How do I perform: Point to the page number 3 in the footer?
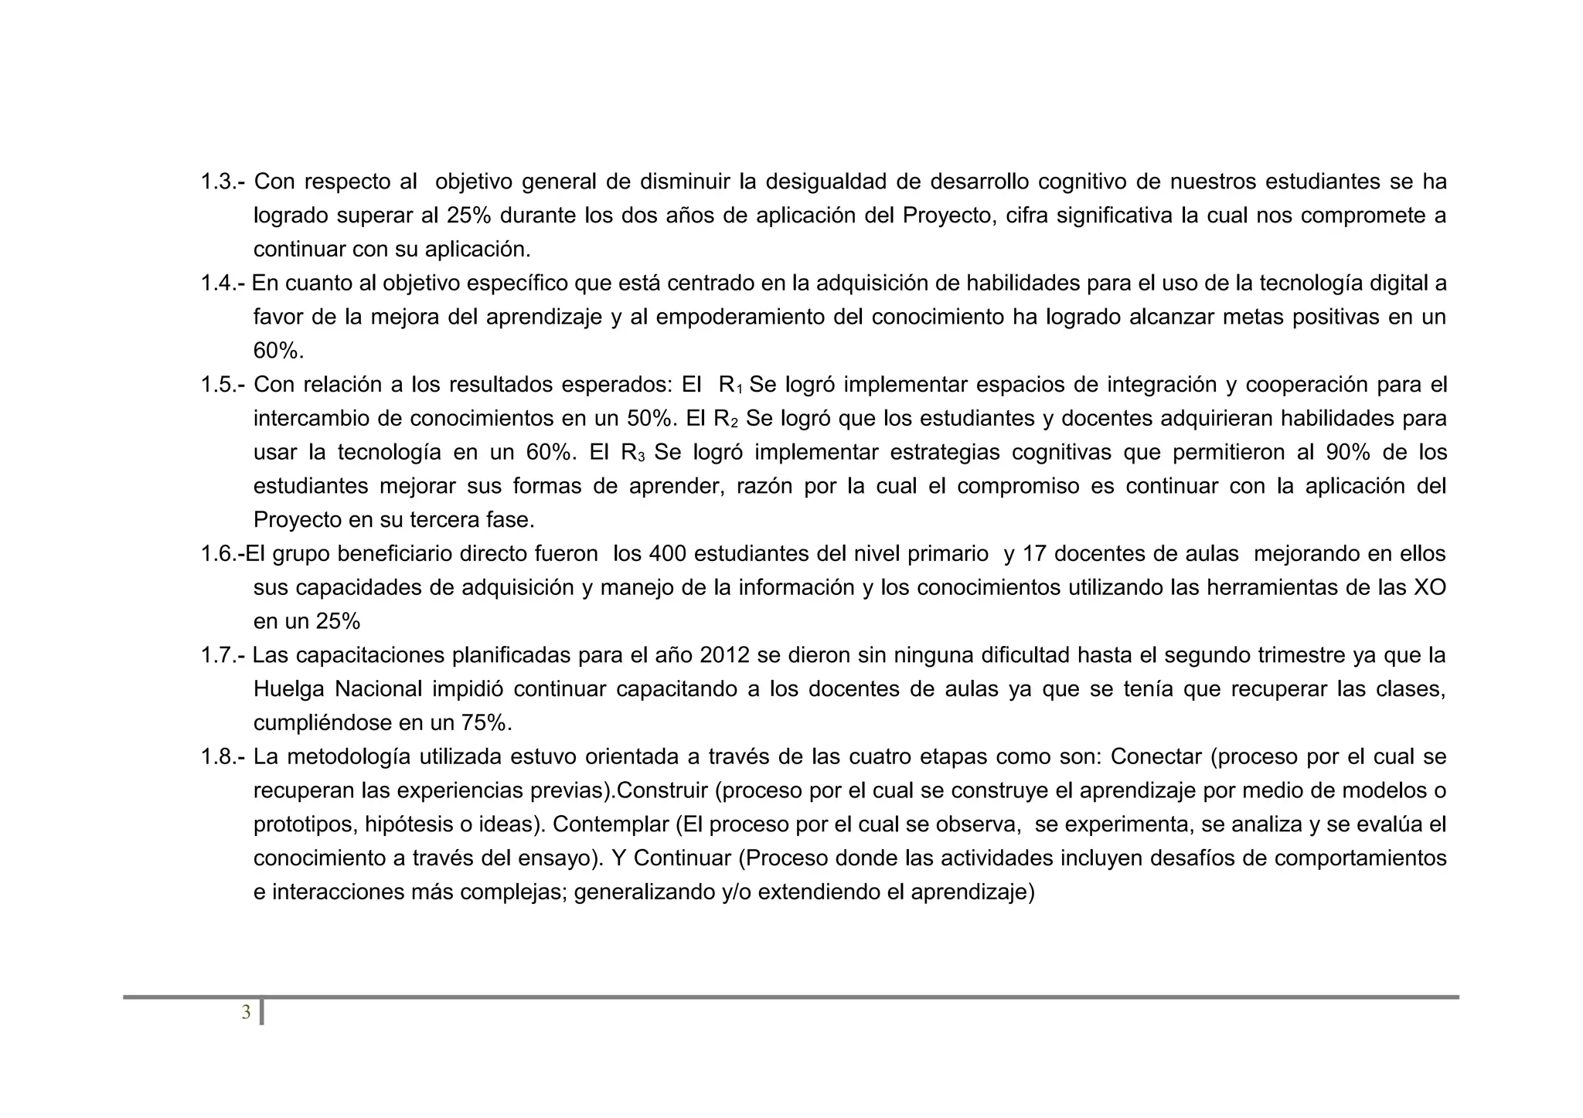pyautogui.click(x=246, y=1012)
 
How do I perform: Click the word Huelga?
pyautogui.click(x=288, y=689)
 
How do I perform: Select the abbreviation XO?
pyautogui.click(x=1429, y=588)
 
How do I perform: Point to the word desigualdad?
pyautogui.click(x=824, y=182)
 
